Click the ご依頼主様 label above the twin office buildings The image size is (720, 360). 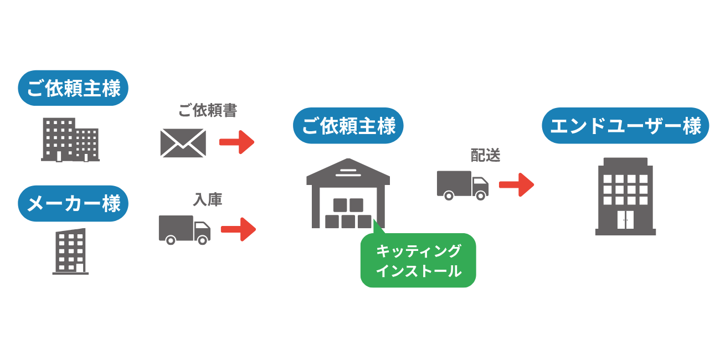click(x=73, y=88)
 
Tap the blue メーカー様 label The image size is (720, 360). click(x=73, y=203)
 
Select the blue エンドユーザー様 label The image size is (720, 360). click(x=625, y=126)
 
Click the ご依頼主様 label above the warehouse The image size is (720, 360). click(x=348, y=126)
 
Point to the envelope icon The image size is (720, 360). click(x=183, y=143)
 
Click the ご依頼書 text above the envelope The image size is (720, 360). click(x=208, y=111)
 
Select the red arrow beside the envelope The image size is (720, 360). click(x=236, y=142)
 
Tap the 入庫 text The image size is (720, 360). click(x=208, y=200)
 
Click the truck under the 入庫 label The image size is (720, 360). click(x=184, y=229)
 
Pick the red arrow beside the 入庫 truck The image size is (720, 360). click(x=238, y=229)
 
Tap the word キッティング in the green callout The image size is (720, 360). click(x=418, y=251)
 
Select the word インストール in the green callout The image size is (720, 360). click(x=418, y=271)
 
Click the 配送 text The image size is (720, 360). click(x=485, y=156)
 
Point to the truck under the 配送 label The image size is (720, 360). click(x=462, y=184)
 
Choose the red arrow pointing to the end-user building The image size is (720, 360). click(x=516, y=184)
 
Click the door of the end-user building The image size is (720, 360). click(x=625, y=220)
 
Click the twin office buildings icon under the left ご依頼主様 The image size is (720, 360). click(x=71, y=140)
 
